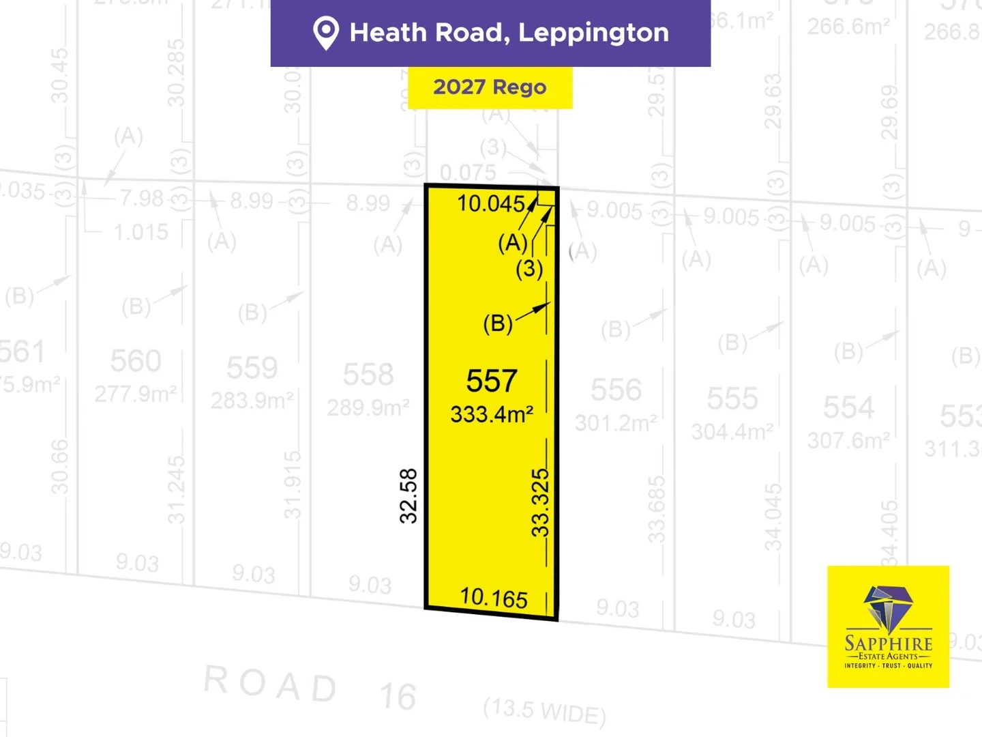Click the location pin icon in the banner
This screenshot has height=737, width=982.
(325, 33)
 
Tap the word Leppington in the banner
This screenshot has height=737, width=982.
(593, 33)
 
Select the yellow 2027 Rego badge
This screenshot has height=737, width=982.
(490, 87)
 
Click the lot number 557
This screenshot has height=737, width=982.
(492, 381)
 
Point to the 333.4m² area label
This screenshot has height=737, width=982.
(492, 414)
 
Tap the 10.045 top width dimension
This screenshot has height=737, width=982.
(491, 203)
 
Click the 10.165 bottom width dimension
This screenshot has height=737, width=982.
(494, 598)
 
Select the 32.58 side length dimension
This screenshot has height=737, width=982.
(408, 496)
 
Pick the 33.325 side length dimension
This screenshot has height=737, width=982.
(540, 502)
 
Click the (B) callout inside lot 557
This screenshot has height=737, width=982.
(498, 323)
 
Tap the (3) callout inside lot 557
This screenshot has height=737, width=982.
(529, 269)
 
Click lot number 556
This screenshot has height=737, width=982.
(616, 390)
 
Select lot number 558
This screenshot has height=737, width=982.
(368, 375)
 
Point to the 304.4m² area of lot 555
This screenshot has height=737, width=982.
(732, 431)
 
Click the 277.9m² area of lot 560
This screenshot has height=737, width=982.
(136, 393)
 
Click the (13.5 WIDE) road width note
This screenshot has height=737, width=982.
(544, 711)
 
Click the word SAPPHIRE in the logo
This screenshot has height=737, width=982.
(888, 643)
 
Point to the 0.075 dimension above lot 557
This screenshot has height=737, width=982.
(468, 173)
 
